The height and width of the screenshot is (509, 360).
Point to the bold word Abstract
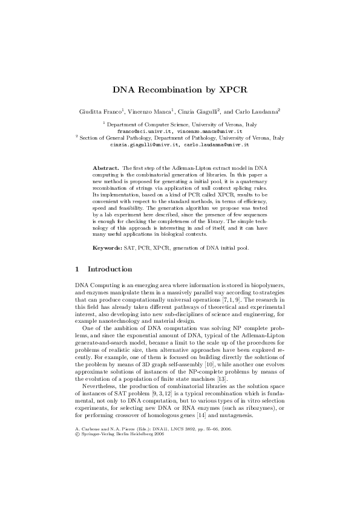point(105,166)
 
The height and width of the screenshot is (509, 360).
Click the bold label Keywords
point(107,247)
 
